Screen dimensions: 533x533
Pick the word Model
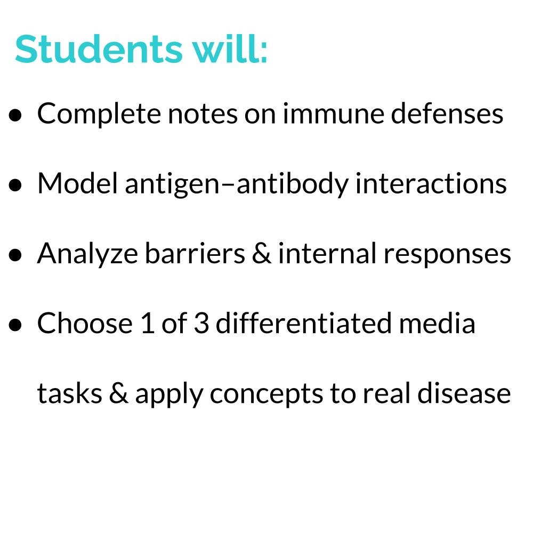click(x=78, y=183)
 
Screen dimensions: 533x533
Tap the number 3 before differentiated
click(x=201, y=323)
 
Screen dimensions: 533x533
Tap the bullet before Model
click(x=15, y=185)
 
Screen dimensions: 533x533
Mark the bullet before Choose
click(x=15, y=325)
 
